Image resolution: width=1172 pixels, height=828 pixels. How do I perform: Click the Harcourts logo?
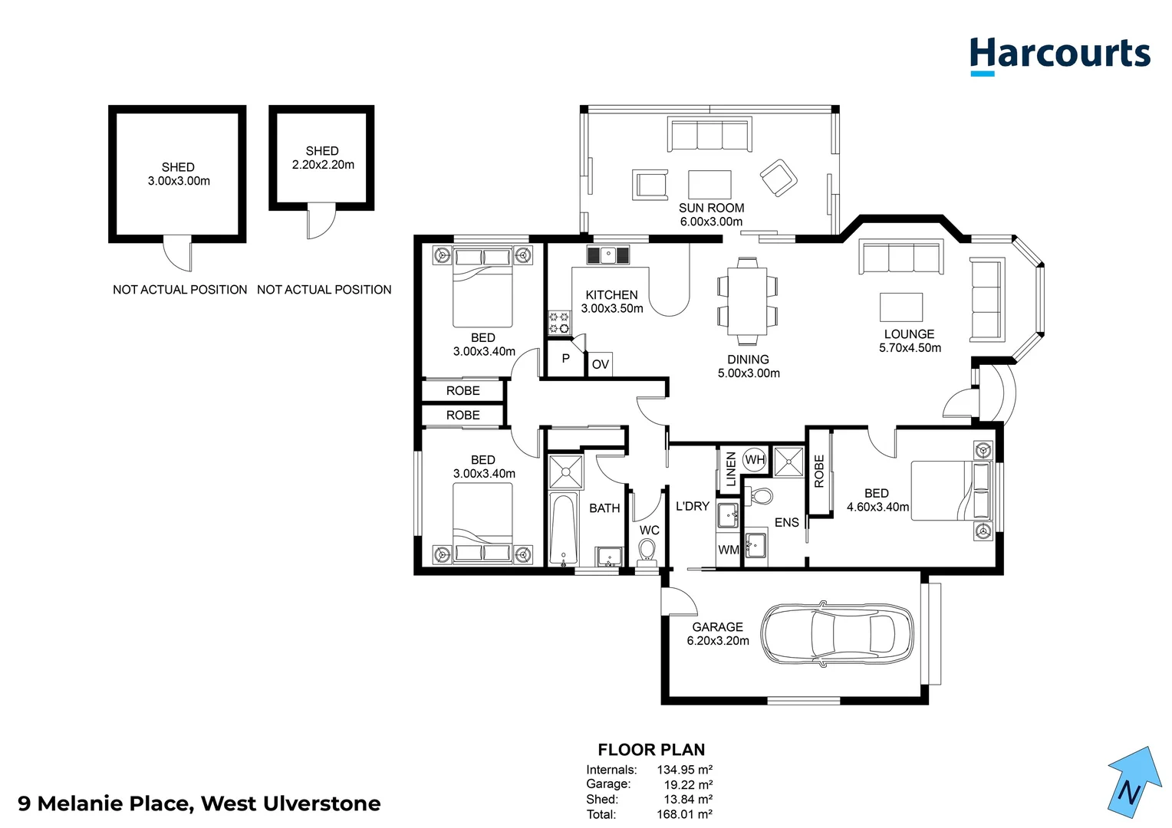tap(1059, 56)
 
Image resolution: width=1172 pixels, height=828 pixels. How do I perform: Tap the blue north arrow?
tap(1133, 782)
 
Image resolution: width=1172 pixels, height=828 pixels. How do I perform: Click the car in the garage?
tap(836, 633)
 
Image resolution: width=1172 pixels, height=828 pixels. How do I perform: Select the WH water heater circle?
tap(755, 460)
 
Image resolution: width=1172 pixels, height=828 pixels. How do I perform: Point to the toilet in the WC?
tap(647, 550)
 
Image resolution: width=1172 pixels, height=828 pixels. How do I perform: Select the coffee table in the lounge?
tap(900, 307)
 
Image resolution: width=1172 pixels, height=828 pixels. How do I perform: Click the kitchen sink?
tap(608, 255)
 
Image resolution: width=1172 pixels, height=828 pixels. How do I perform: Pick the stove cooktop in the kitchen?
tap(559, 323)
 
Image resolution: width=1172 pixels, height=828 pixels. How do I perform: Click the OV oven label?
tap(601, 364)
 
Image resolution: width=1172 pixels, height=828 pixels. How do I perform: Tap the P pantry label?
tap(565, 359)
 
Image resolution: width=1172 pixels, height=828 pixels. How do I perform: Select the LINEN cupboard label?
tap(730, 468)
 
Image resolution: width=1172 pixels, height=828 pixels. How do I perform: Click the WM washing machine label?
tap(728, 550)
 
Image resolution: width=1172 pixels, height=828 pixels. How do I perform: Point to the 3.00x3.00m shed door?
tap(177, 253)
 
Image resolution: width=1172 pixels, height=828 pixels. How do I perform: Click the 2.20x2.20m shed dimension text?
tap(323, 165)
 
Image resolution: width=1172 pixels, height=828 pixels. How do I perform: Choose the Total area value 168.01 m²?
tap(684, 814)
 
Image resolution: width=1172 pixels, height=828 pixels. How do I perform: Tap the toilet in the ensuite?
tap(761, 495)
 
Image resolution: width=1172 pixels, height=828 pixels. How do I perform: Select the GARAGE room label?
tap(717, 627)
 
